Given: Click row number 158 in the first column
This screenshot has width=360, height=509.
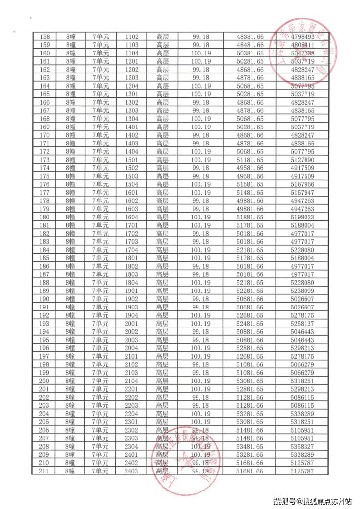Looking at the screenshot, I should [x=45, y=36].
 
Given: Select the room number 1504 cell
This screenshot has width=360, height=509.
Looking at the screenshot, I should [x=131, y=184].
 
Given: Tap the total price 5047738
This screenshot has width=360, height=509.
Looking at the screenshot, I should [x=302, y=53].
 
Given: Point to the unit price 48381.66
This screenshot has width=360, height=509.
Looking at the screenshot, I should [x=250, y=36].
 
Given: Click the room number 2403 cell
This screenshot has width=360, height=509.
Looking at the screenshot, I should [x=131, y=471].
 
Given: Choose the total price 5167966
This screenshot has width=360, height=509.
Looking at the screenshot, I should [x=302, y=184].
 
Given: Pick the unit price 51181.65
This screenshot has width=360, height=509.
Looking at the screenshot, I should [x=250, y=160].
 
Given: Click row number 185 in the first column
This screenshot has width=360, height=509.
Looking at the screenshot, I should [x=45, y=258].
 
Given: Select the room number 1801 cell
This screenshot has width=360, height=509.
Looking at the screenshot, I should [x=131, y=258].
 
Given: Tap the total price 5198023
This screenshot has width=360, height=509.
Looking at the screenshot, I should [x=302, y=217].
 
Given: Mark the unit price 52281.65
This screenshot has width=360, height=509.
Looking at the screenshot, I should [x=250, y=291].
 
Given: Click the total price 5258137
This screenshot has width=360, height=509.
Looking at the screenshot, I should [x=302, y=324].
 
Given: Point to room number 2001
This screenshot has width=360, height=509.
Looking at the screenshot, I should [x=131, y=324].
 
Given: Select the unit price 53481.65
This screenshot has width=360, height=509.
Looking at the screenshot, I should [x=250, y=447].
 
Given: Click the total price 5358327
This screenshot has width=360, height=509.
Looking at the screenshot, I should [x=302, y=447].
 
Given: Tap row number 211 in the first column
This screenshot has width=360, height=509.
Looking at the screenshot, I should [x=45, y=471].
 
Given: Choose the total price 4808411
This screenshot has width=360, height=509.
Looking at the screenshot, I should [x=302, y=45].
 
